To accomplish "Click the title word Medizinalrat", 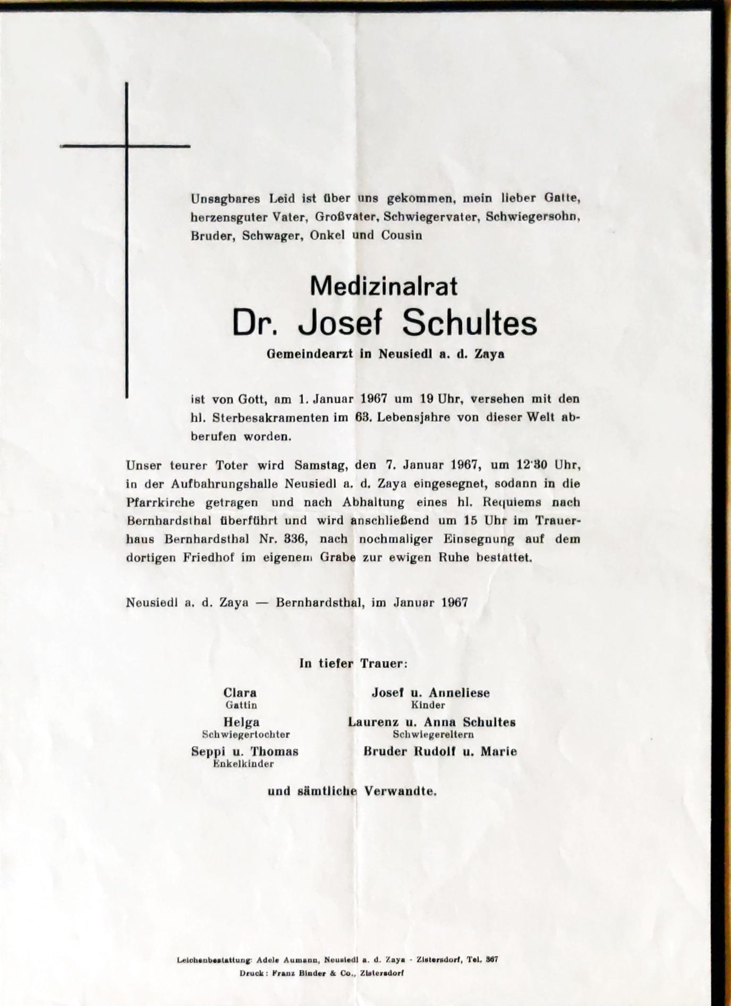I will pyautogui.click(x=384, y=287).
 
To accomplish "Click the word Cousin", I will pyautogui.click(x=401, y=235).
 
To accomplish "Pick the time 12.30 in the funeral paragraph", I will pyautogui.click(x=531, y=465).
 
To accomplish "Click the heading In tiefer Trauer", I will pyautogui.click(x=353, y=663).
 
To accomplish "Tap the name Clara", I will pyautogui.click(x=240, y=693).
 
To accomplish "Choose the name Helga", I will pyautogui.click(x=242, y=722).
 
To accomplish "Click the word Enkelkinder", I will pyautogui.click(x=243, y=764).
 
